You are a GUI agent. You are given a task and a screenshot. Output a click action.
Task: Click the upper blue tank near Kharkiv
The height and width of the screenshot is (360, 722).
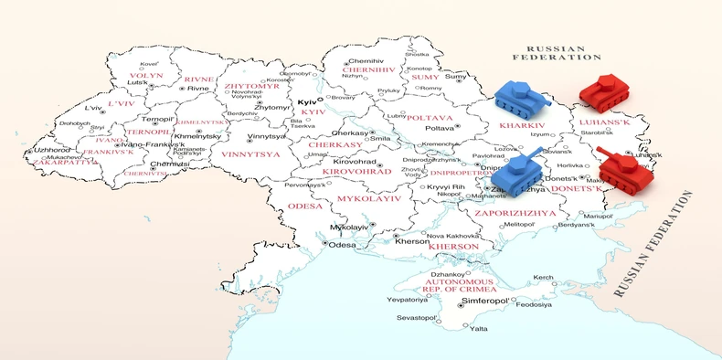(x=517, y=96)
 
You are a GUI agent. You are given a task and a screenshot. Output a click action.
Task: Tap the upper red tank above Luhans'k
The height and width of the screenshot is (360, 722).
(x=604, y=91)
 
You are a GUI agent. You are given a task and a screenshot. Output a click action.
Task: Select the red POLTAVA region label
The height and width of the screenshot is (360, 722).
(x=429, y=118)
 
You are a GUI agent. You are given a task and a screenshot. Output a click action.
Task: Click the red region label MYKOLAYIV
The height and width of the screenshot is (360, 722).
(x=369, y=197)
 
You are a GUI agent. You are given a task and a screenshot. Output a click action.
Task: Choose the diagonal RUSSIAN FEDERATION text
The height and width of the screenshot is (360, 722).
(x=653, y=247)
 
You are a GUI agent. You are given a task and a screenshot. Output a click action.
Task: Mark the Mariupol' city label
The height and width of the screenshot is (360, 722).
(x=599, y=217)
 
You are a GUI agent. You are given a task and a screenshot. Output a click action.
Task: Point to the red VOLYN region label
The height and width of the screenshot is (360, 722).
(x=144, y=76)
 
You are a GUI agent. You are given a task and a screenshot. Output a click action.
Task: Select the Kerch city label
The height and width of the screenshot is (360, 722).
(x=544, y=277)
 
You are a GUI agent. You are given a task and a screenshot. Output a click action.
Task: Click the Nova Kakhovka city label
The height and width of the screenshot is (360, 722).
(x=453, y=236)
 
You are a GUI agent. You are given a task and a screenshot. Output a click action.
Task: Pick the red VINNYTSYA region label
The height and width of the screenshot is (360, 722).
(x=250, y=154)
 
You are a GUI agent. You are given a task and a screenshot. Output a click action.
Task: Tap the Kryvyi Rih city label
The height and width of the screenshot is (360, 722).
(x=446, y=186)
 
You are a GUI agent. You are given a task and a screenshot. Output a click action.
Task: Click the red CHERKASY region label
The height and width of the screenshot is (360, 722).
(x=335, y=144)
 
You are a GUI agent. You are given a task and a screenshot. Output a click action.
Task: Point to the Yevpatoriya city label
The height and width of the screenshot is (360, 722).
(x=407, y=299)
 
